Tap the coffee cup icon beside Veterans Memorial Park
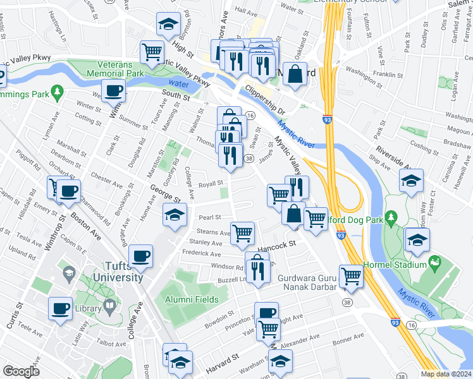point(113,91)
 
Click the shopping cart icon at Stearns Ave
point(242,233)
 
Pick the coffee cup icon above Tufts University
point(140,256)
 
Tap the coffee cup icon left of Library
point(60,308)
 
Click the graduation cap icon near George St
point(175,214)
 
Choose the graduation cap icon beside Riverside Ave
point(412,181)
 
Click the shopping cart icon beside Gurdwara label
point(350,275)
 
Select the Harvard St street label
point(221,361)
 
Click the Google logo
point(21,371)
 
